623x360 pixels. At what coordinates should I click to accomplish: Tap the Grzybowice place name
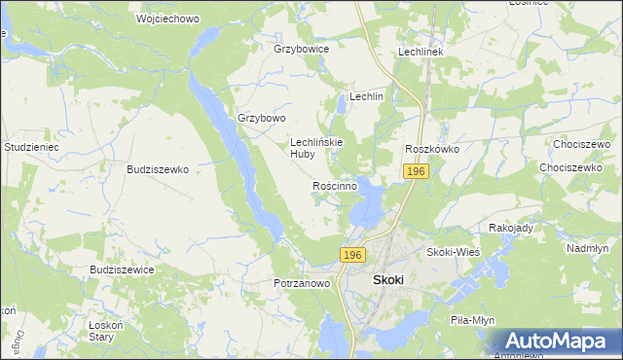coord(302,49)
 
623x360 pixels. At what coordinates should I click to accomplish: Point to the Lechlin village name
coord(367,97)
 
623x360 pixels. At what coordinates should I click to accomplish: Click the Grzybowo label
coord(262,119)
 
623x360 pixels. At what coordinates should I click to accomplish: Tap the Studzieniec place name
coord(32,147)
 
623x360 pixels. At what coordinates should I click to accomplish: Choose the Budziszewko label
coord(158,168)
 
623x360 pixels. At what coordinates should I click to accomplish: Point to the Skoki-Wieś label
coord(454,252)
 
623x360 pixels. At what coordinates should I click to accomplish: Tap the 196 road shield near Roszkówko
coord(416,171)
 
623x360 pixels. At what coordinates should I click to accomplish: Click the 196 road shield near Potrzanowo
coord(352,255)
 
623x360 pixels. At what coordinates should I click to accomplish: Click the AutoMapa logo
coord(556,342)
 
